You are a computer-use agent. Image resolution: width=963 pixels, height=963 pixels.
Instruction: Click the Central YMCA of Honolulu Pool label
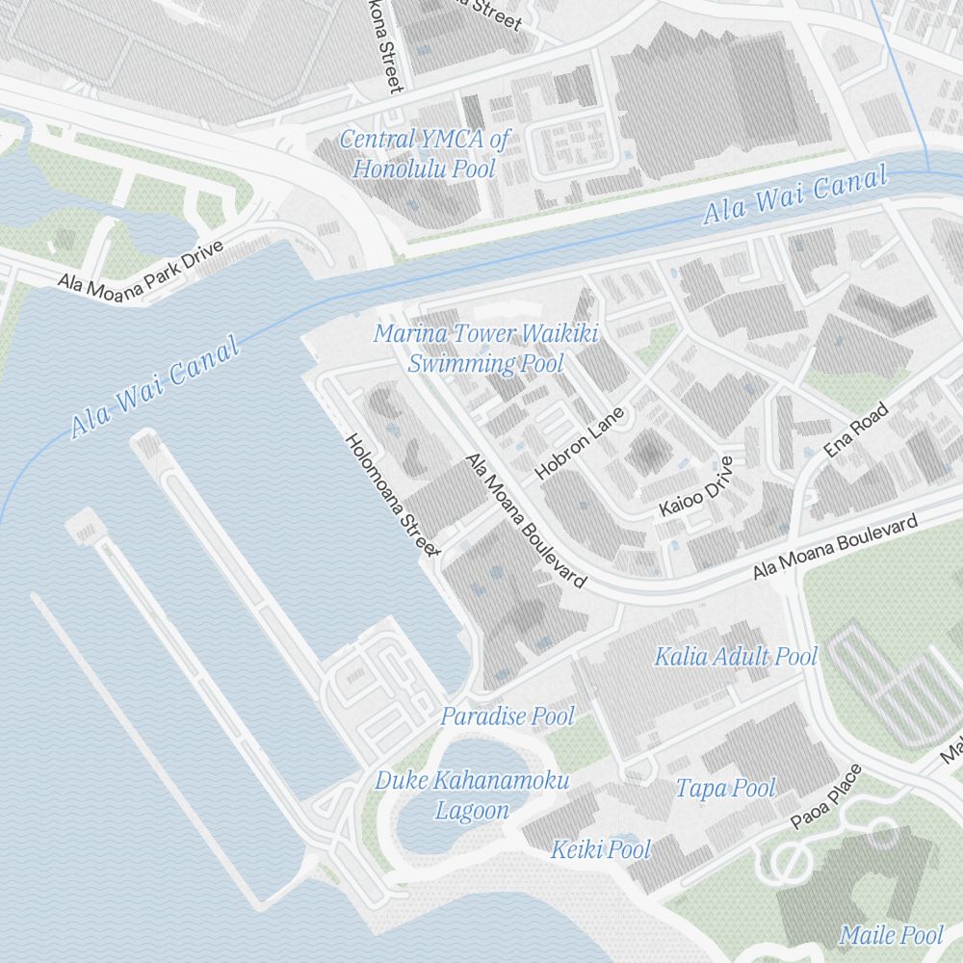424,154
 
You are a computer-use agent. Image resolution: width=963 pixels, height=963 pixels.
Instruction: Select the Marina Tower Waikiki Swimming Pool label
485,349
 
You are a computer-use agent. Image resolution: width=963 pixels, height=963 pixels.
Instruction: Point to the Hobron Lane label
580,443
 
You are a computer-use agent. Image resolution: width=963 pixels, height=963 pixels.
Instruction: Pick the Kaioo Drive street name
696,486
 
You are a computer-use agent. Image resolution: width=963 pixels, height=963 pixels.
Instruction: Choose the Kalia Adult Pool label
736,657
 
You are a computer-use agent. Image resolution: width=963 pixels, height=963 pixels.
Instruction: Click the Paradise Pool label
507,716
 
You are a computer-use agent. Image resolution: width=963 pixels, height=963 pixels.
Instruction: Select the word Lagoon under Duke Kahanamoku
472,811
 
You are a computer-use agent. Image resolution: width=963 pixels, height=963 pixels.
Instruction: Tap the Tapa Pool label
725,789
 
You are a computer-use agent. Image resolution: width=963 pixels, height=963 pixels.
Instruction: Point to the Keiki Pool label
601,849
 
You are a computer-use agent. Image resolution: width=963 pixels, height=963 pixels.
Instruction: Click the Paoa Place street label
826,796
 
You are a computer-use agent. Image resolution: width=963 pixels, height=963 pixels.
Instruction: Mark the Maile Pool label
891,934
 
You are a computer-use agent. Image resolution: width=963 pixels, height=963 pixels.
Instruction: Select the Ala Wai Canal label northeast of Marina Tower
794,195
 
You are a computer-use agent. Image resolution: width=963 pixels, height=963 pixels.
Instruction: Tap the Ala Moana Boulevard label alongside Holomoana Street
525,520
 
